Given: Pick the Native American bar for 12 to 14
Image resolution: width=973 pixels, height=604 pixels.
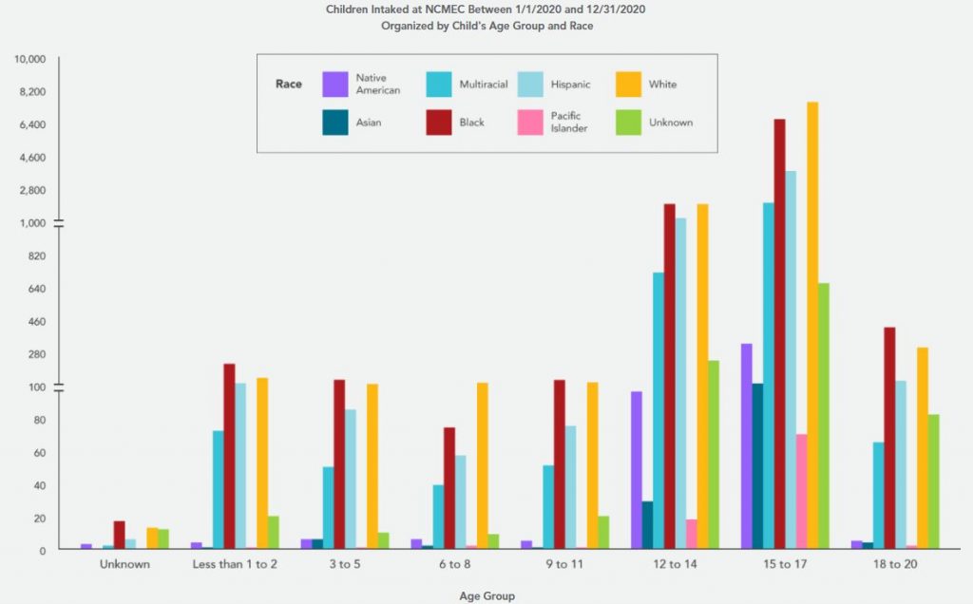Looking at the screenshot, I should click(637, 470).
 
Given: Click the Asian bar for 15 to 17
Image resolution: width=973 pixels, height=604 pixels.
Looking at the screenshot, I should click(757, 465).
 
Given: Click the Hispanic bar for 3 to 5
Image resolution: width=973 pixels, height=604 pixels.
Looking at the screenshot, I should click(350, 479).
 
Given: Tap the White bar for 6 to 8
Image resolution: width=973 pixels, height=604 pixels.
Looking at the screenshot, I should click(482, 465).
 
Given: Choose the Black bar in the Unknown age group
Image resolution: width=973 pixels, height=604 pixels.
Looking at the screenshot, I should click(119, 535).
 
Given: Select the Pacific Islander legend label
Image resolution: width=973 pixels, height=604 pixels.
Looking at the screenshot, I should click(568, 123).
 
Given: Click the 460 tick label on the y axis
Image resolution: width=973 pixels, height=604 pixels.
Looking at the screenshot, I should click(38, 321).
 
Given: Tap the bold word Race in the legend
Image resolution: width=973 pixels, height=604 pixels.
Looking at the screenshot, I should click(289, 85).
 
